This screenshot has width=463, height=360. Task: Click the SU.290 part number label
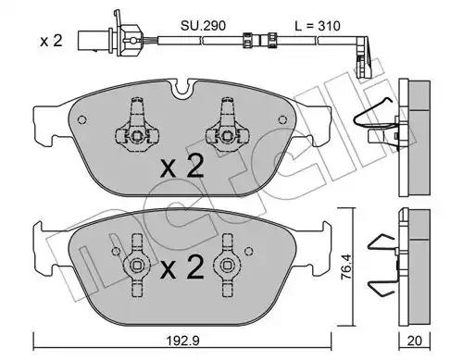[x=203, y=26]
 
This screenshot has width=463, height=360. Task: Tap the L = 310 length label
[x=318, y=26]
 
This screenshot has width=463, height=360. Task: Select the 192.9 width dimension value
[x=183, y=341]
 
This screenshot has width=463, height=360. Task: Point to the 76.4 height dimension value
[x=346, y=267]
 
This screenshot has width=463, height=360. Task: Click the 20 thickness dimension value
[x=414, y=341]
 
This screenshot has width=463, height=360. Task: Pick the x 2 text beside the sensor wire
[x=51, y=41]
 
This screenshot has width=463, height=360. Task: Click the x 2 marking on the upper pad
[x=182, y=167]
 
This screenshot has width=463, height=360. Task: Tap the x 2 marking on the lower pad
[x=182, y=267]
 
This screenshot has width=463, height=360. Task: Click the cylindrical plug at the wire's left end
[x=94, y=41]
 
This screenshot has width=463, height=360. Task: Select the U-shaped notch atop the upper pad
[x=184, y=88]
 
